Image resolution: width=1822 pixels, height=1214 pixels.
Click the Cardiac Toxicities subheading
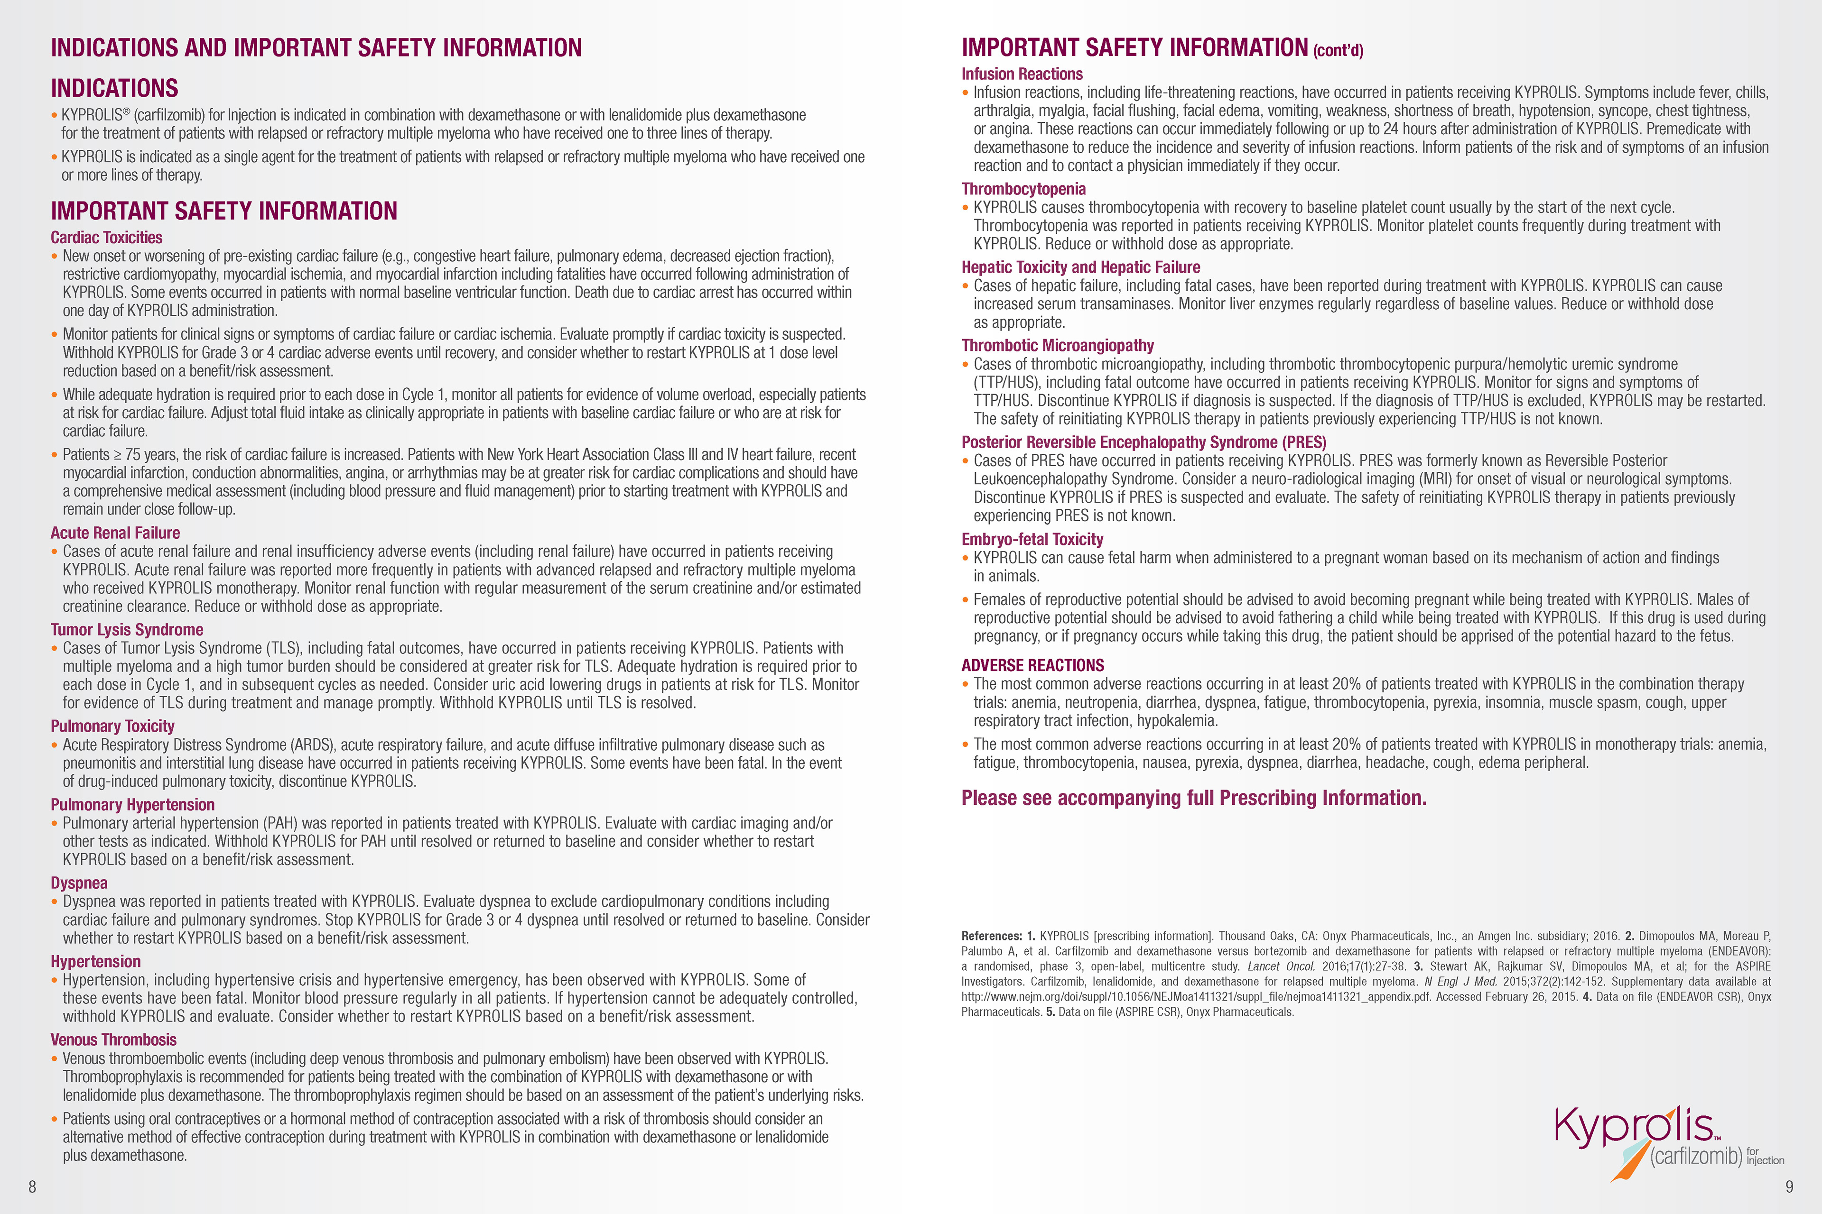106,238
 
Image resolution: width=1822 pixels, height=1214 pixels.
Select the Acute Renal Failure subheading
115,533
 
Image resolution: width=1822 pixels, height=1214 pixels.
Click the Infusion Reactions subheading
1022,74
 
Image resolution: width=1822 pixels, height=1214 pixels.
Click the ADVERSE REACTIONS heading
1032,665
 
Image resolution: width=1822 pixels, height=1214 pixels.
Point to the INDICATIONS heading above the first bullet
115,88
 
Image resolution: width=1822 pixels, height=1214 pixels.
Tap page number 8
32,1186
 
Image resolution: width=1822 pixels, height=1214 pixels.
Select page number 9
1789,1186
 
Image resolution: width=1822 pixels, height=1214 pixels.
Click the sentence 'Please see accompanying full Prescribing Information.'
1193,798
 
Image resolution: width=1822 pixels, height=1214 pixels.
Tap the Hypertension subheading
95,962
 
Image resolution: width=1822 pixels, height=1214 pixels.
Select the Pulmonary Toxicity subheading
112,726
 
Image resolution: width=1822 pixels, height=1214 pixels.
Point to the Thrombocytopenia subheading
1023,189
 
